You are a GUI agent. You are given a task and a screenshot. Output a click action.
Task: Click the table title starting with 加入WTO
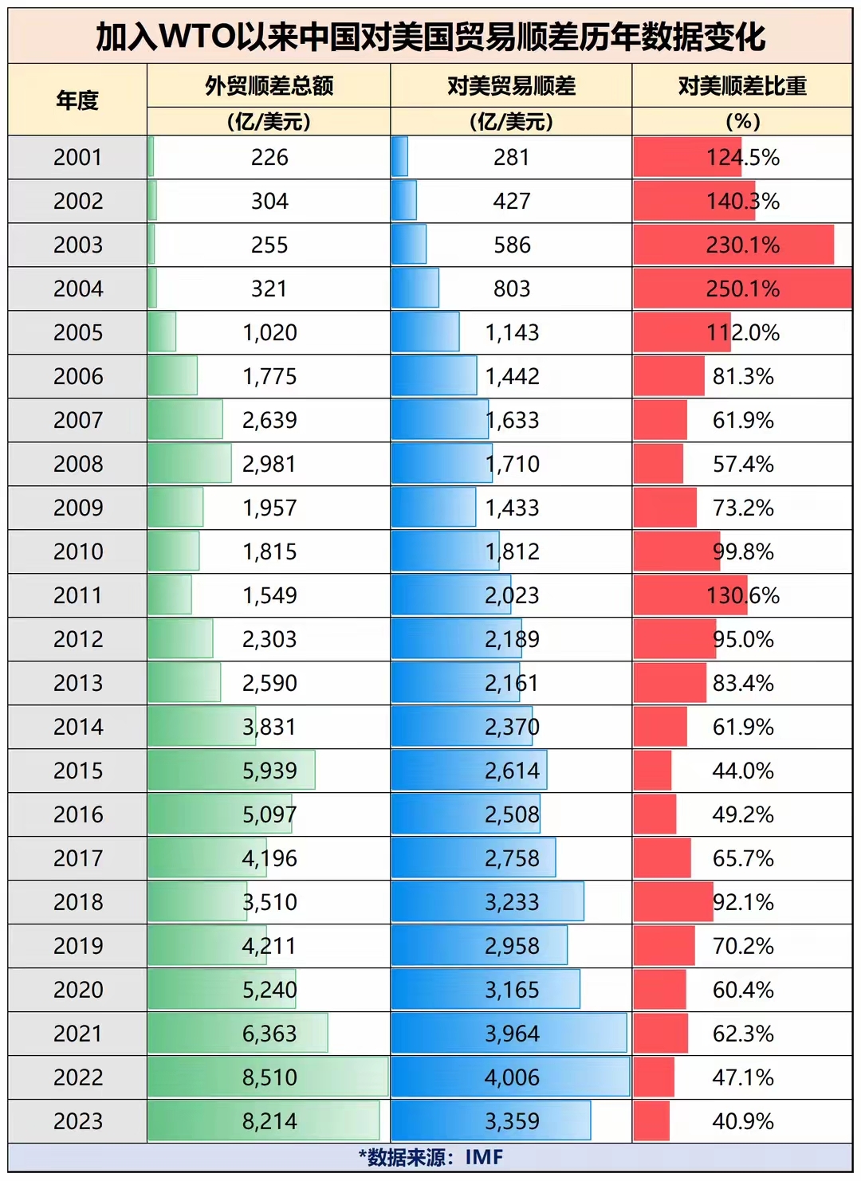[431, 37]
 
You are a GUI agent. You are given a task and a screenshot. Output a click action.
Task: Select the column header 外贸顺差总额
[269, 86]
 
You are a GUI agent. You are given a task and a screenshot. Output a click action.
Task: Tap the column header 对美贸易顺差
[511, 86]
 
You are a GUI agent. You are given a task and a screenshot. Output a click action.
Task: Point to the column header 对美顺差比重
[742, 86]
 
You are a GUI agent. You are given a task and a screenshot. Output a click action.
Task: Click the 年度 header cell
[77, 100]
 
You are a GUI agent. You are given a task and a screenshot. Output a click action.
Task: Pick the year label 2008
[78, 464]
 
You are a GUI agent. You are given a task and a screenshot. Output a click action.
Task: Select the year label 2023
[78, 1121]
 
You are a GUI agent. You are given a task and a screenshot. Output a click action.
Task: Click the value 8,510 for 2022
[269, 1077]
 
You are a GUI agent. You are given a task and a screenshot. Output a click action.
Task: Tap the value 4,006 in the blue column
[512, 1077]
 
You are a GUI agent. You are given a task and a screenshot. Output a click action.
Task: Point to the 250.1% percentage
[742, 288]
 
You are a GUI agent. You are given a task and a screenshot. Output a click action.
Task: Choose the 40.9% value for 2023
[743, 1121]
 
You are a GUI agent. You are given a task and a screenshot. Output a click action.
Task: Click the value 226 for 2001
[269, 157]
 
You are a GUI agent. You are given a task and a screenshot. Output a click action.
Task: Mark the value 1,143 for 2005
[512, 332]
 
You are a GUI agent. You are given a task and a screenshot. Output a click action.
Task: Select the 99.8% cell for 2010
[743, 551]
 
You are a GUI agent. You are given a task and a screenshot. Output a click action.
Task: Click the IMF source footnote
[431, 1157]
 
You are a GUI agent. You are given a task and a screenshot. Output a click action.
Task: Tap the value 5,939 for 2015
[269, 771]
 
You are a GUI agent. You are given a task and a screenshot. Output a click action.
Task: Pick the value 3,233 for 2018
[512, 902]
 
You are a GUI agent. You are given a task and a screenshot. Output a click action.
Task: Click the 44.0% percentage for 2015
[743, 771]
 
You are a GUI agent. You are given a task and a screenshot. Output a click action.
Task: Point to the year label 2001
[78, 157]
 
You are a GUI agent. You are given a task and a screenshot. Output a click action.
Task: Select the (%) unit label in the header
[742, 121]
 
